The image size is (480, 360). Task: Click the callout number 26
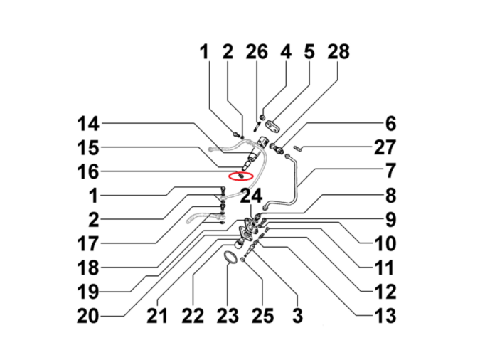257,51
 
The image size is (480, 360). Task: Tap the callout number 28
338,51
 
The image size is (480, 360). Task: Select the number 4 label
286,51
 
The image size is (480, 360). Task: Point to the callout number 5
309,51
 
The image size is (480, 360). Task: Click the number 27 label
385,147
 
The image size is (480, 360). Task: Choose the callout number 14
88,124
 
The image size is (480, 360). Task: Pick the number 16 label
88,171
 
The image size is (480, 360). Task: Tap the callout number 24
251,196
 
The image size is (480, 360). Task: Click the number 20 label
88,316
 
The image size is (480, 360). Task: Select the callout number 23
228,316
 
